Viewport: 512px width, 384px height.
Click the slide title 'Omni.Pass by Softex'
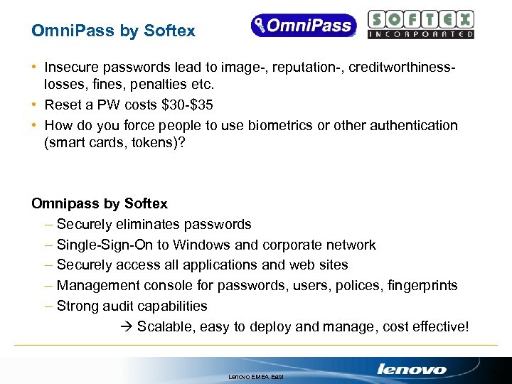[x=113, y=31]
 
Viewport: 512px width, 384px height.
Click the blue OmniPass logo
[x=302, y=26]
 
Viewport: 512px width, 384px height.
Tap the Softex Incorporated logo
[x=421, y=25]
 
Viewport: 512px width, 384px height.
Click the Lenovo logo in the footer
[x=412, y=369]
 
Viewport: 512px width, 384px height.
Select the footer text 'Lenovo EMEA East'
[x=255, y=375]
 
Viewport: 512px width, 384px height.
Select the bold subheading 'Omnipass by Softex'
[x=100, y=204]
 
